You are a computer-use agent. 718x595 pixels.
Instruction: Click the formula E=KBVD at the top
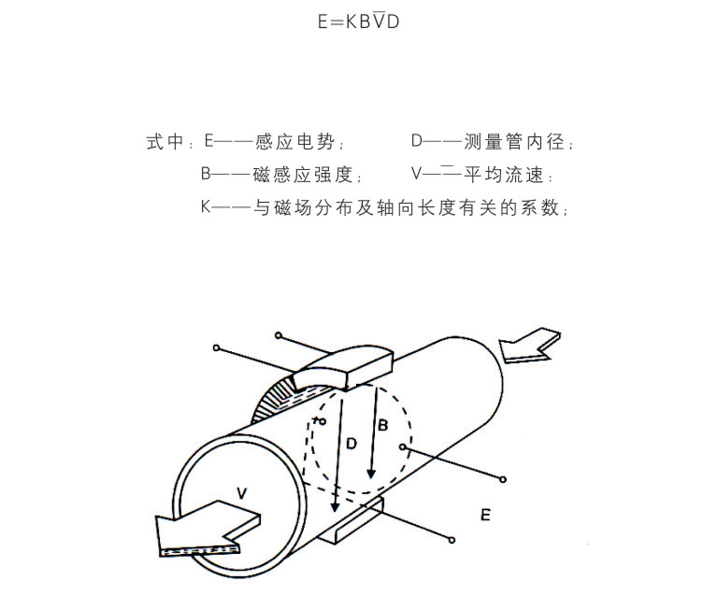point(359,21)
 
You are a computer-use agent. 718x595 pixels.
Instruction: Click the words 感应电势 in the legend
point(294,141)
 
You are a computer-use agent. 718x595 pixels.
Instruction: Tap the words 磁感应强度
point(303,175)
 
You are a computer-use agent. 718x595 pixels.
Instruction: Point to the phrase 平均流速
point(503,175)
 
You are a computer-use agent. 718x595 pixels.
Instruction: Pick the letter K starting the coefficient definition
point(206,207)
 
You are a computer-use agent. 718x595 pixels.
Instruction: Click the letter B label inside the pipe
point(382,425)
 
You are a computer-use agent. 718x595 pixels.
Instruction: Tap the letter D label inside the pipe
point(352,443)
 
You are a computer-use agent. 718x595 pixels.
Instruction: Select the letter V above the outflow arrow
point(242,493)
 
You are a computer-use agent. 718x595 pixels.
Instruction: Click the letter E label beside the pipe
point(485,515)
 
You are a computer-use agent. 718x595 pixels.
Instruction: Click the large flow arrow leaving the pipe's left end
point(206,526)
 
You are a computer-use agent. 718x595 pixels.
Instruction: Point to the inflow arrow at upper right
point(529,346)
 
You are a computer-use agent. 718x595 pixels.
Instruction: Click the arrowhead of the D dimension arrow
point(336,506)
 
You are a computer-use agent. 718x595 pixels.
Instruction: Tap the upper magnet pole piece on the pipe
point(343,368)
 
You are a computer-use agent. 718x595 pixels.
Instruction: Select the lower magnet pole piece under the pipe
point(352,521)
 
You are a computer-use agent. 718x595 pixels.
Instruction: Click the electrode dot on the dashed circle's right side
point(403,446)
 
